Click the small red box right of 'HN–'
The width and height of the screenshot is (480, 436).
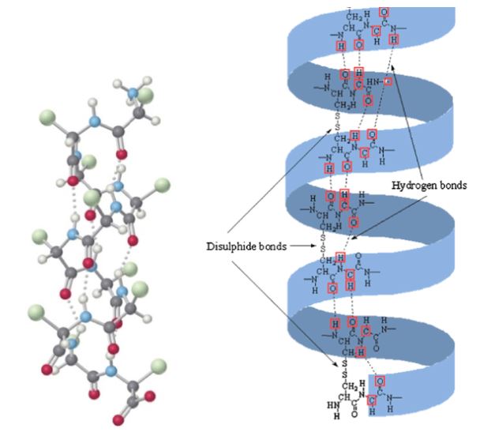(387, 81)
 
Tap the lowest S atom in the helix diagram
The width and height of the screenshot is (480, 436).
(345, 374)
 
